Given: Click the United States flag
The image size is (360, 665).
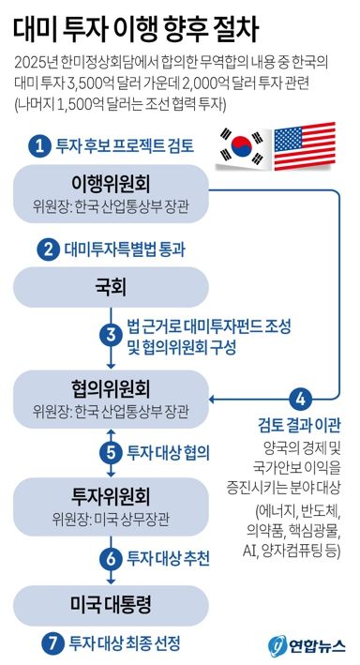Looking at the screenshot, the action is point(305,148).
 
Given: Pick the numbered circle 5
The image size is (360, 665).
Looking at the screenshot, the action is point(112,449).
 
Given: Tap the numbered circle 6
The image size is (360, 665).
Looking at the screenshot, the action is point(112,556).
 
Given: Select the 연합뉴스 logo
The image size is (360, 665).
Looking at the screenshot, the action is point(307,644).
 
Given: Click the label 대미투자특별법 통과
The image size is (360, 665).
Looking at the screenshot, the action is point(125,249).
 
